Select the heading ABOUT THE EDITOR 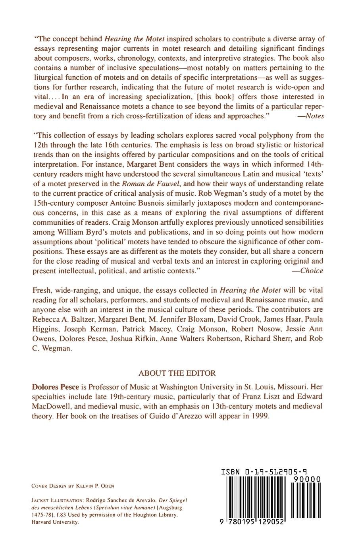(x=177, y=373)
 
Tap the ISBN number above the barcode (x=264, y=472)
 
